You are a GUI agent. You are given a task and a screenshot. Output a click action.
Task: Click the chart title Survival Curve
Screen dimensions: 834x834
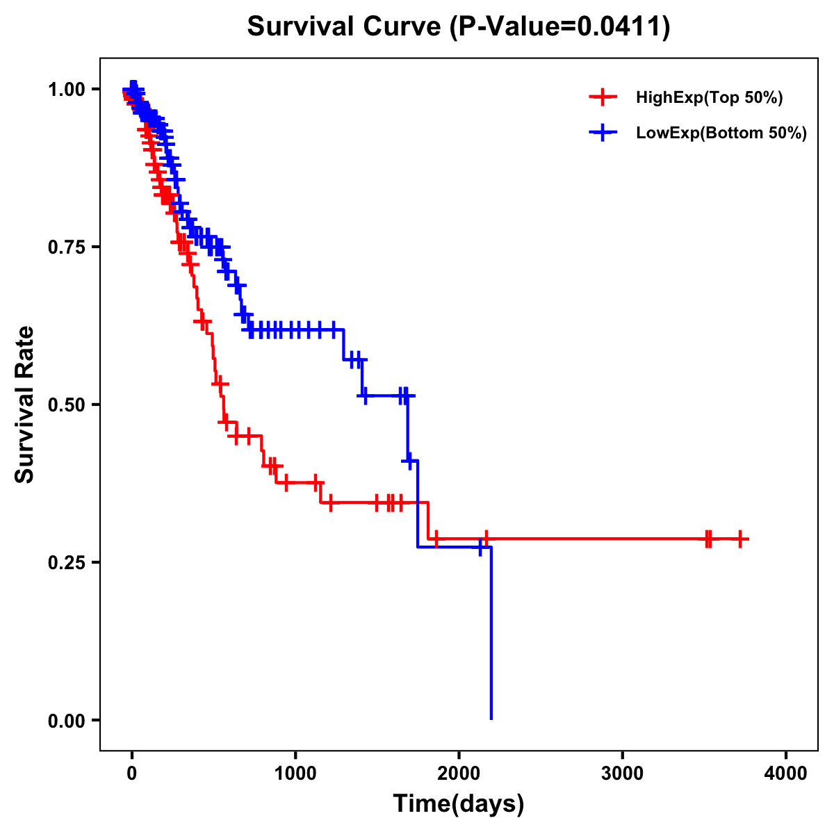click(344, 27)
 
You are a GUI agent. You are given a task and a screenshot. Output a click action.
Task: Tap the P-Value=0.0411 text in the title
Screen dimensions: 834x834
click(559, 27)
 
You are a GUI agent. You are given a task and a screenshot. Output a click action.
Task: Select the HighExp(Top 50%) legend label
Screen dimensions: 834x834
click(709, 98)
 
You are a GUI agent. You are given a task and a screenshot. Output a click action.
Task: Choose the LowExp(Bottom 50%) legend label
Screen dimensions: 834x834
click(721, 133)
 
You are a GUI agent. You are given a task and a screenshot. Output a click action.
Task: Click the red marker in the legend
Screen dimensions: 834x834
click(603, 98)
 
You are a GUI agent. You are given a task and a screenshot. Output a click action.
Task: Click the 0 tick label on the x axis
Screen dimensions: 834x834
click(132, 774)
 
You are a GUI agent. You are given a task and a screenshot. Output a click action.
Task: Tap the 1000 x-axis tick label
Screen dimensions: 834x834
click(295, 774)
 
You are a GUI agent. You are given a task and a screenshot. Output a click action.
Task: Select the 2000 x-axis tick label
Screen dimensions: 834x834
click(459, 774)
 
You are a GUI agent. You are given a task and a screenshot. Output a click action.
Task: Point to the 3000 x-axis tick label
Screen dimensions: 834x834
click(623, 774)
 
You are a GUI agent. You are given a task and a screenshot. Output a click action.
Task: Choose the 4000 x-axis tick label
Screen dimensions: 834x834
click(786, 774)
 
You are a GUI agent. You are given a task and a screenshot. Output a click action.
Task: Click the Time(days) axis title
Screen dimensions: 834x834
click(459, 804)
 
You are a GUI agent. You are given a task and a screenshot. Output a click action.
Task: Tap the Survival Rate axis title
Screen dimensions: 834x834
click(26, 404)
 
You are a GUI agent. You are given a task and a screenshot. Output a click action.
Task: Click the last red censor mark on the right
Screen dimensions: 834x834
click(741, 539)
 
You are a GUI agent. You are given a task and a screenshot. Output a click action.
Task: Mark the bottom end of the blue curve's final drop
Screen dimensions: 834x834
click(491, 718)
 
